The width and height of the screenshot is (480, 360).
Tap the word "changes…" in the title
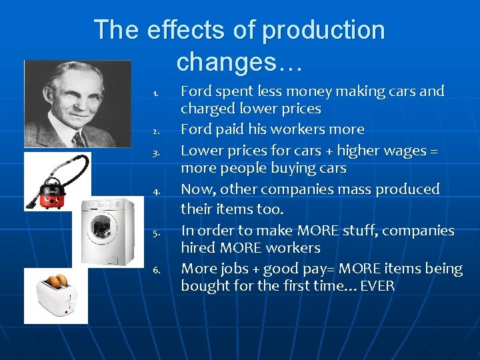[239, 62]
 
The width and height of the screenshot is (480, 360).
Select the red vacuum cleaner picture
[57, 181]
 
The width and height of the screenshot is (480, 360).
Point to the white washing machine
[107, 231]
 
